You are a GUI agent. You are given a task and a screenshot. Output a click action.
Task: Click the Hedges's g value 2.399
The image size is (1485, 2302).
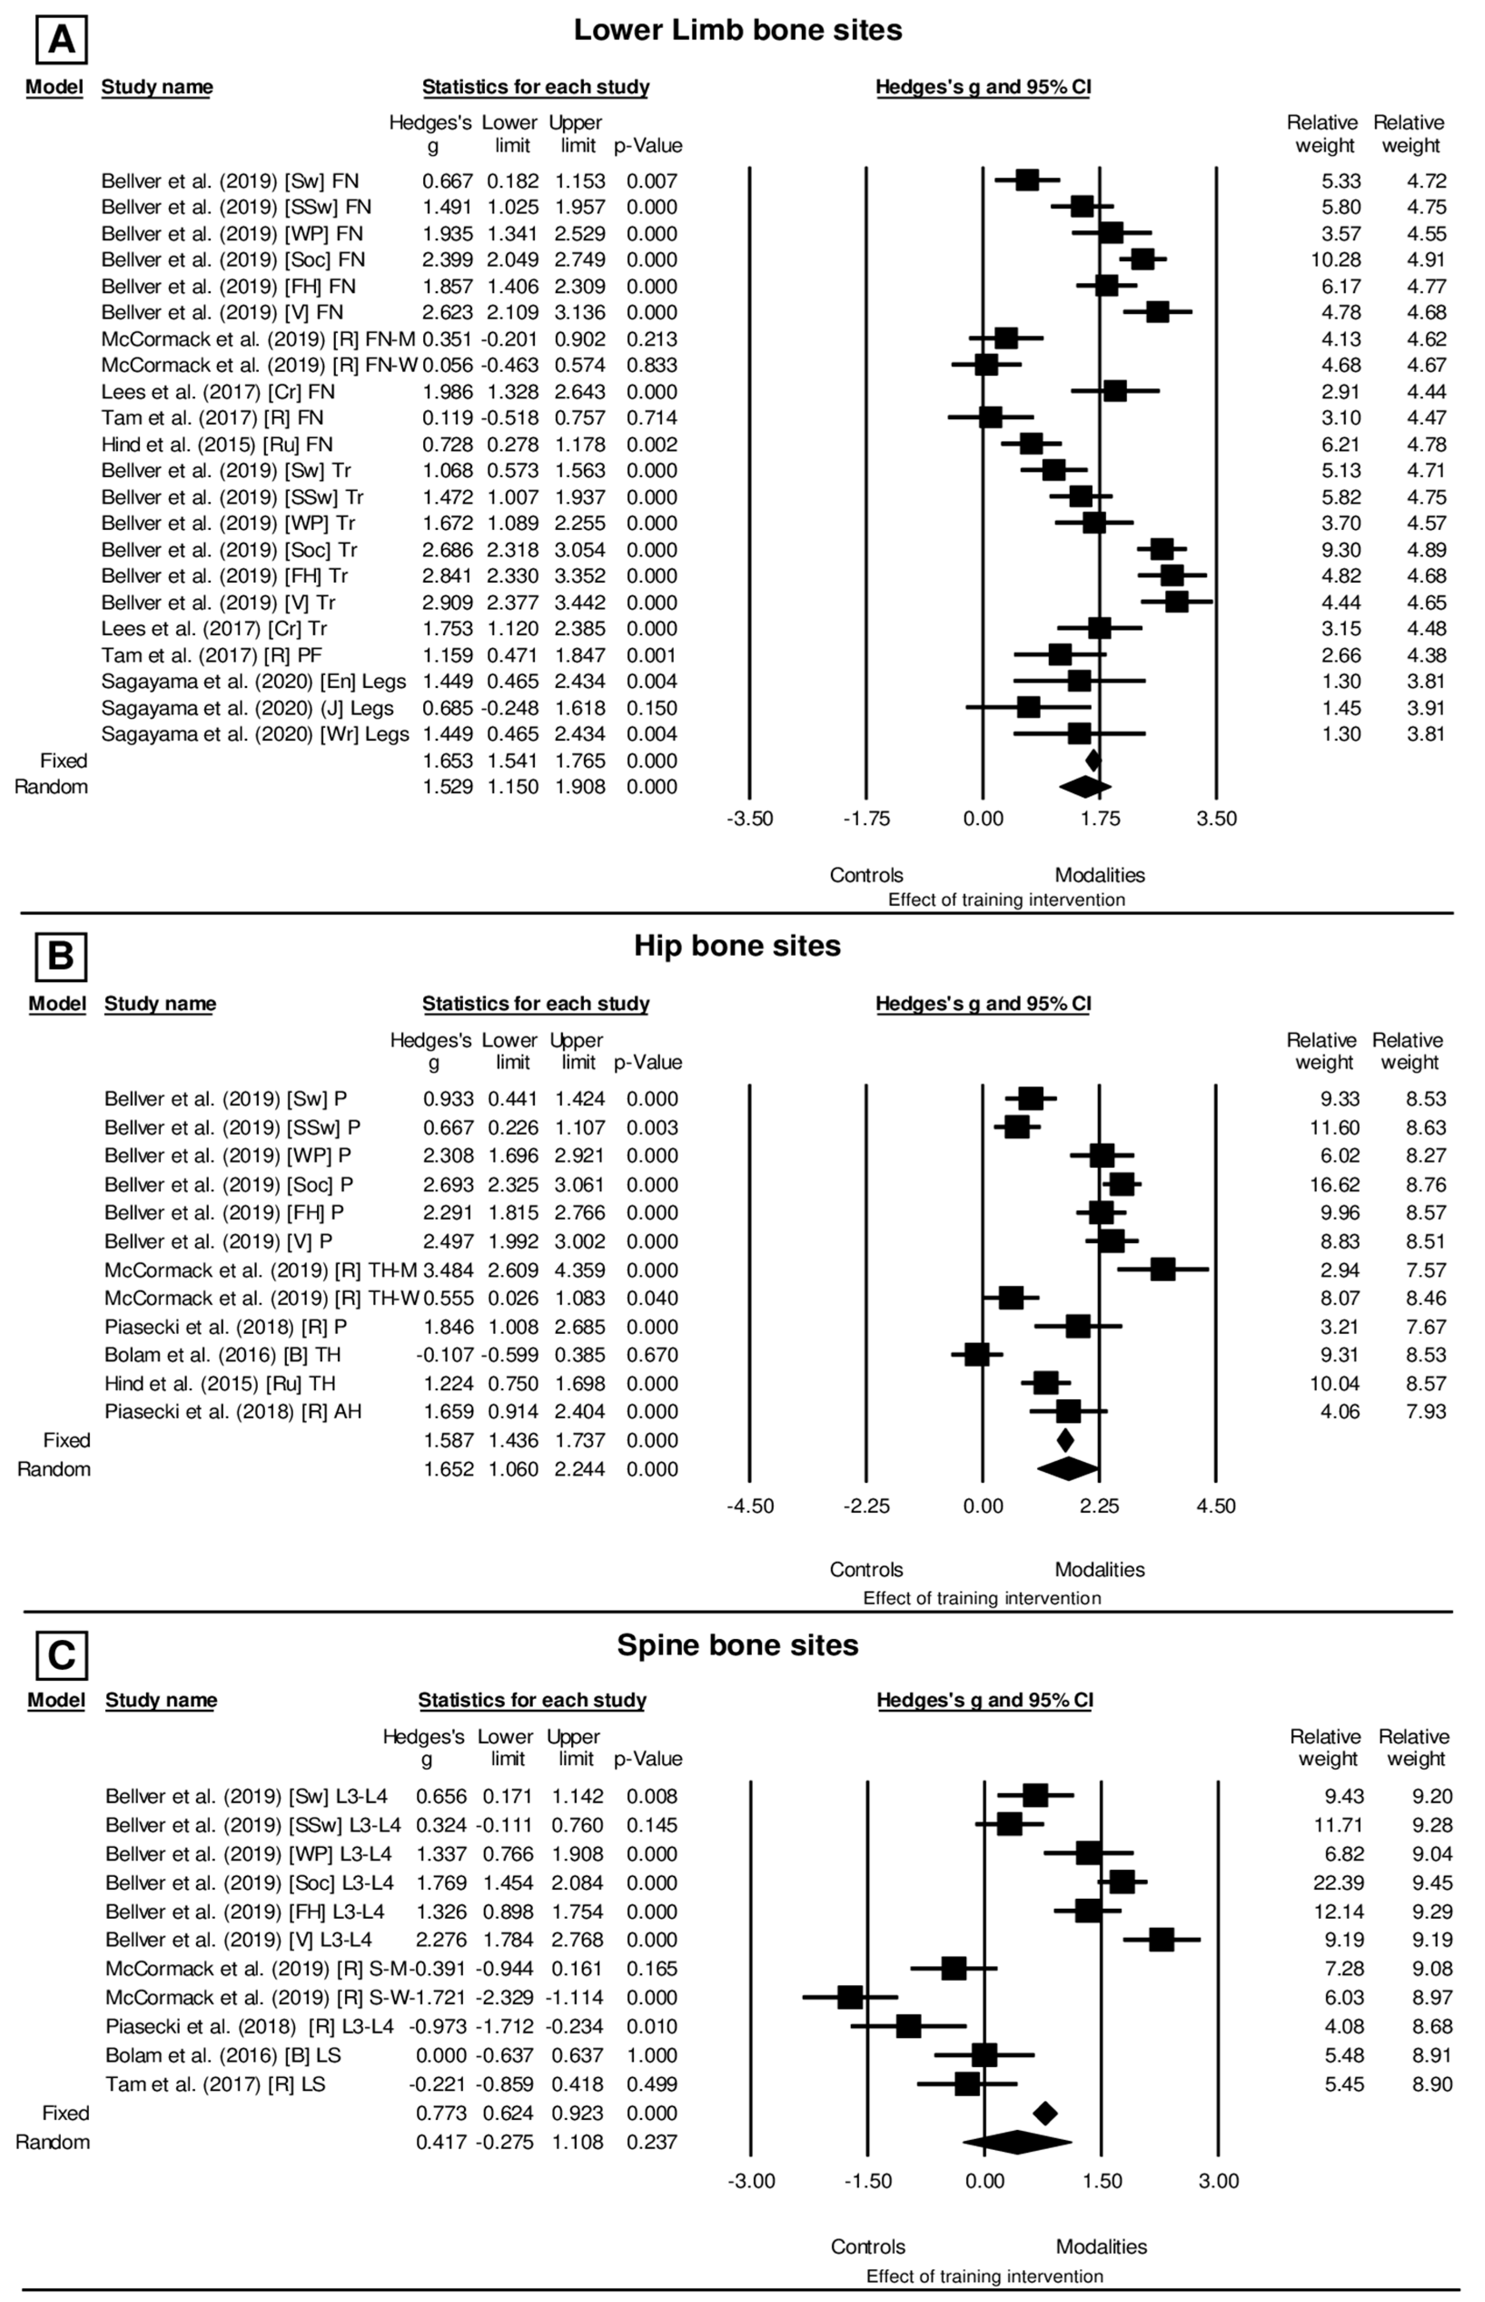click(x=448, y=259)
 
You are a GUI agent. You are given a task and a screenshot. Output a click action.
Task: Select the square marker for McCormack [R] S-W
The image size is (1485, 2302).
click(x=849, y=1997)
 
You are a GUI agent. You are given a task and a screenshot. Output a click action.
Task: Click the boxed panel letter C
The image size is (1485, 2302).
click(x=61, y=1655)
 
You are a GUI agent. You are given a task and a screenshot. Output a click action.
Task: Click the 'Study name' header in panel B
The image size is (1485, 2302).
click(x=160, y=1004)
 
